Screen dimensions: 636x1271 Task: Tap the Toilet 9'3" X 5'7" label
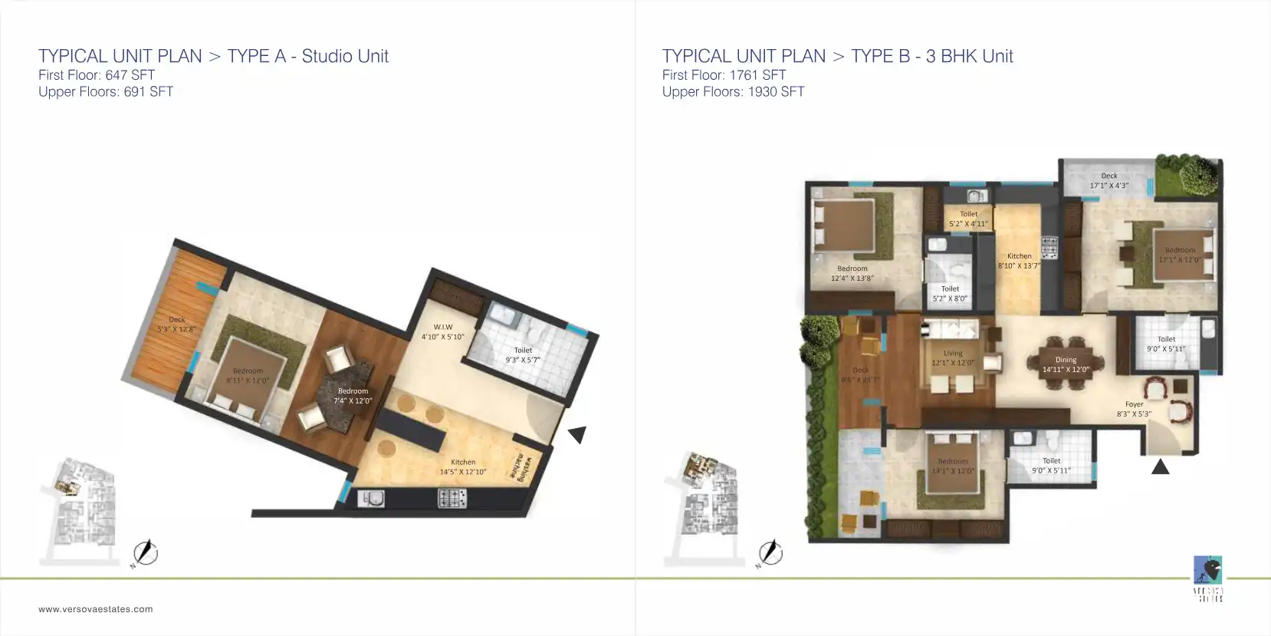coord(523,354)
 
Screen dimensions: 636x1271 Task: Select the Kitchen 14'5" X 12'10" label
coord(463,466)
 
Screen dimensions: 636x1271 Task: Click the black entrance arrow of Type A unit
coord(577,434)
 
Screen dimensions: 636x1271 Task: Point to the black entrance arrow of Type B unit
coord(1161,466)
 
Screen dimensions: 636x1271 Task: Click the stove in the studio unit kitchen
coord(452,498)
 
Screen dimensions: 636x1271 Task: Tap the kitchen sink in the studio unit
coord(372,498)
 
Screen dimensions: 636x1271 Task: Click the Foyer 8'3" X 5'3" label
coord(1134,409)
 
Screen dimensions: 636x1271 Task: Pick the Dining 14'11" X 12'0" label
coord(1066,364)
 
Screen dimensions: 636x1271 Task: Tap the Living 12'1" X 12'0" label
coord(953,358)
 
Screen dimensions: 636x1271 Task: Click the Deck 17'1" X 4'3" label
coord(1109,180)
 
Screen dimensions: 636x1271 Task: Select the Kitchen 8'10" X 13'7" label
coord(1019,261)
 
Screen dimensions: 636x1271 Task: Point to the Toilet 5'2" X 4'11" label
coord(969,219)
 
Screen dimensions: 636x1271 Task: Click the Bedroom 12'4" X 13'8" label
coord(852,273)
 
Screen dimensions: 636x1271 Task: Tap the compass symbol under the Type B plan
coord(770,552)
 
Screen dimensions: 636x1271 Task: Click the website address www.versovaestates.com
coord(96,609)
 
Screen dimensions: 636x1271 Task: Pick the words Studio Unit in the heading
coord(345,56)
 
